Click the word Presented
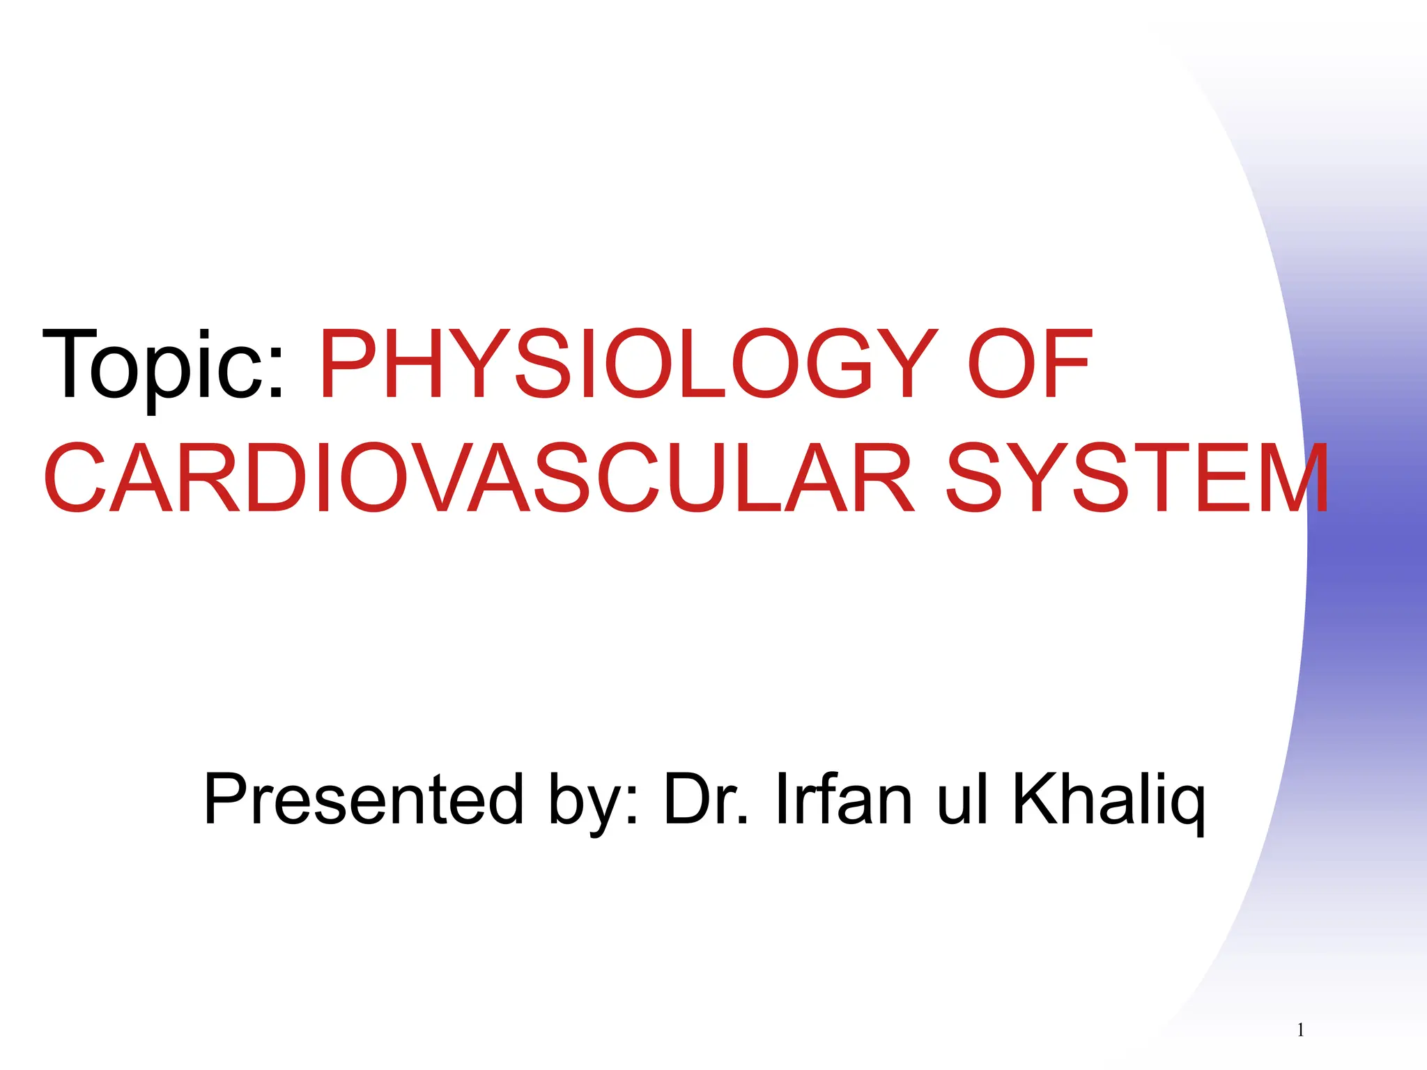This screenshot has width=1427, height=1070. click(363, 799)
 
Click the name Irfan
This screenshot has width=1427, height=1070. click(844, 799)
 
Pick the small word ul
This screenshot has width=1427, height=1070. click(962, 799)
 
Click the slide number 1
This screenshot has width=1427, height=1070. click(1300, 1030)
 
